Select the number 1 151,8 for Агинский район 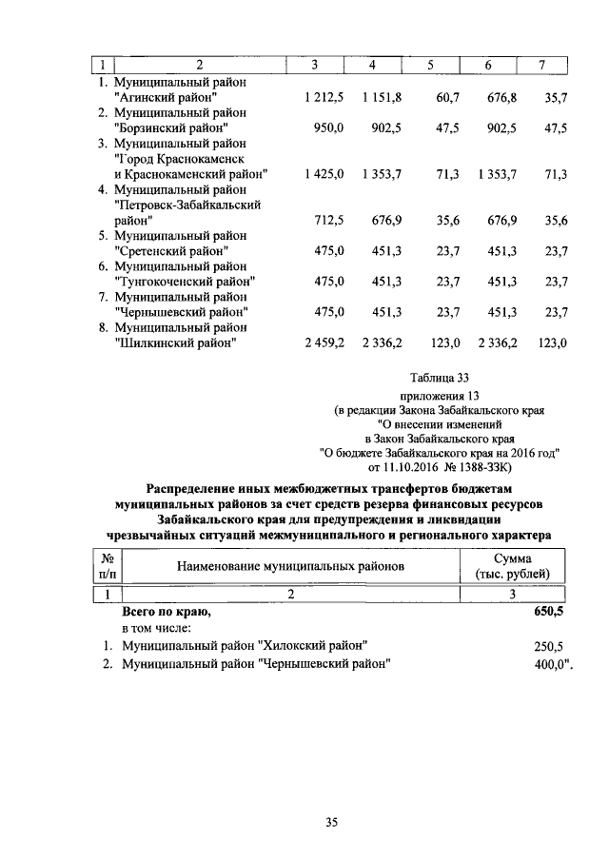point(383,97)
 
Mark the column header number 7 point(541,65)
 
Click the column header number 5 point(430,65)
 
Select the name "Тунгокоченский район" point(185,282)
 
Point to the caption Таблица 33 point(437,378)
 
